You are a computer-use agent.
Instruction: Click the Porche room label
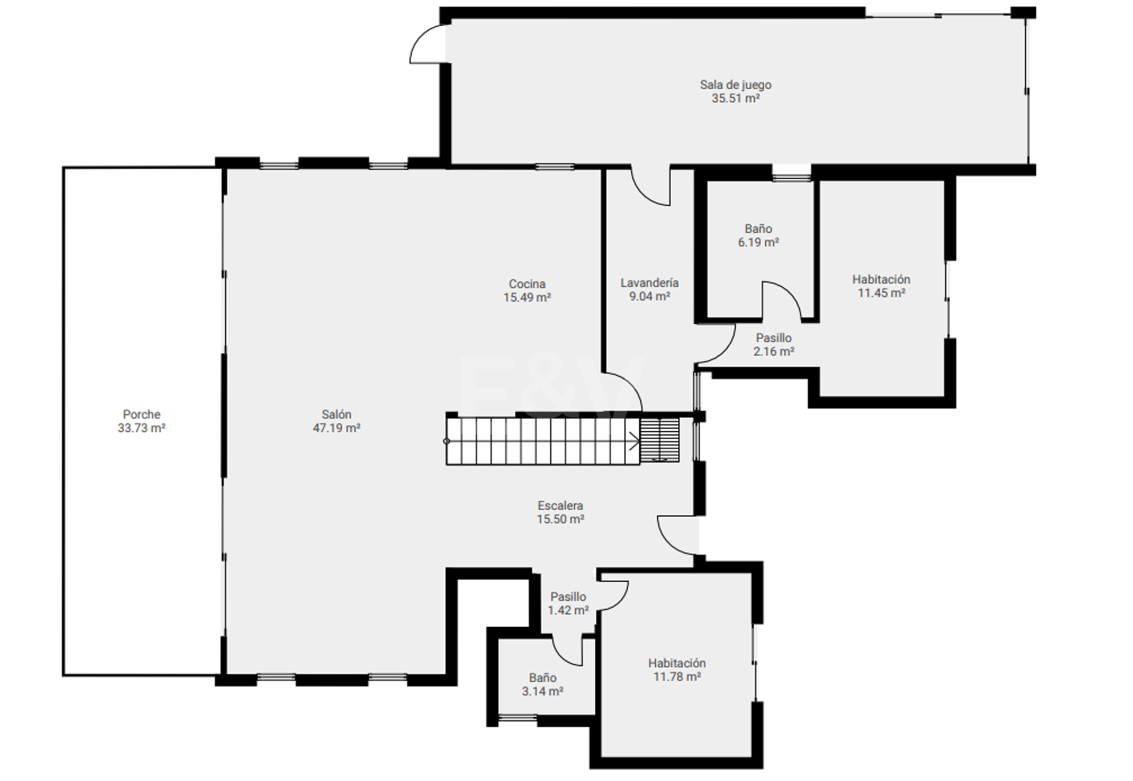pyautogui.click(x=142, y=414)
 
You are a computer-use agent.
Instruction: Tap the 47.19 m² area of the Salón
pyautogui.click(x=336, y=428)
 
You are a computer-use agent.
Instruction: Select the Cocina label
pyautogui.click(x=527, y=283)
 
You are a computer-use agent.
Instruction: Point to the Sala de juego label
pyautogui.click(x=735, y=85)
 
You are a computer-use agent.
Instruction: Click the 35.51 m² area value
pyautogui.click(x=735, y=98)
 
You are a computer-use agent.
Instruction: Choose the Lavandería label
pyautogui.click(x=649, y=283)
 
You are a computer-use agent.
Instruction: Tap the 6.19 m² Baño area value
pyautogui.click(x=758, y=242)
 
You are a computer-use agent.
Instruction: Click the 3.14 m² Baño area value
pyautogui.click(x=543, y=691)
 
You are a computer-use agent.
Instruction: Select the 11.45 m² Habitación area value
pyautogui.click(x=881, y=293)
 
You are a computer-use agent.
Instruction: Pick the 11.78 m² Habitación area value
pyautogui.click(x=677, y=677)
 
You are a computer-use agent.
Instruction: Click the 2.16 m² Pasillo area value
pyautogui.click(x=774, y=351)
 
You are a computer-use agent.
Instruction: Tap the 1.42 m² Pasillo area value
pyautogui.click(x=568, y=610)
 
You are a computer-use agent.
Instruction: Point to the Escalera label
pyautogui.click(x=560, y=505)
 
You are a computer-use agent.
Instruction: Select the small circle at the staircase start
pyautogui.click(x=447, y=441)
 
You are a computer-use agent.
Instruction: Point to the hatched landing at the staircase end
pyautogui.click(x=659, y=440)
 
